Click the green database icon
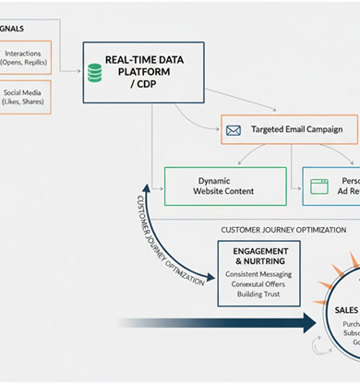(x=94, y=71)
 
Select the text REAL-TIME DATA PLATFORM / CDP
(x=143, y=71)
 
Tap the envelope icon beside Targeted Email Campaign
(x=234, y=130)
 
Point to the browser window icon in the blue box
(x=319, y=186)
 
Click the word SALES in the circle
(x=347, y=312)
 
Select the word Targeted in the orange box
(x=270, y=130)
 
